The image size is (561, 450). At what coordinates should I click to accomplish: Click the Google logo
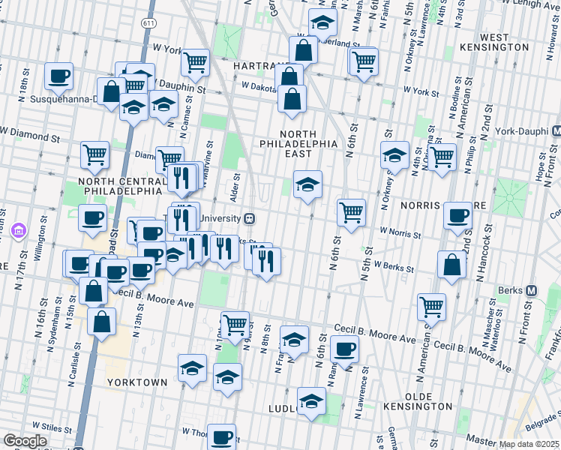[x=25, y=441]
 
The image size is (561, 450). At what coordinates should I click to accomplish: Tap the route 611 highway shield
[x=149, y=24]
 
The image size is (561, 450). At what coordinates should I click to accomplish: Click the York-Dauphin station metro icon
[x=556, y=130]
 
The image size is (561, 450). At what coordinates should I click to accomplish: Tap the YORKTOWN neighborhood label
[x=137, y=382]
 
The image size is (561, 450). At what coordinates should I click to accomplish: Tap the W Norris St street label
[x=400, y=233]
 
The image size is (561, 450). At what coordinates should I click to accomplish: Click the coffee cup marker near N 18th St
[x=58, y=75]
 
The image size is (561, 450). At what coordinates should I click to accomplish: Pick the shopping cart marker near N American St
[x=432, y=305]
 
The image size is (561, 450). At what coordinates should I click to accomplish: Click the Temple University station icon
[x=251, y=218]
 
